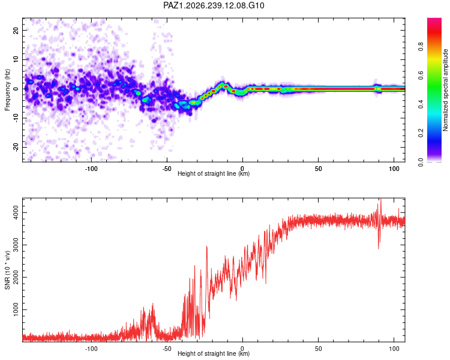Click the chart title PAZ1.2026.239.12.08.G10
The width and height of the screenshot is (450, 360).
coord(214,5)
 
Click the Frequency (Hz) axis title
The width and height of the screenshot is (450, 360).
coord(7,90)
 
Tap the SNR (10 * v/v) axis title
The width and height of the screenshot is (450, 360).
coord(7,270)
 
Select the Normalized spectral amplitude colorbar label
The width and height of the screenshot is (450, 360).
coord(445,90)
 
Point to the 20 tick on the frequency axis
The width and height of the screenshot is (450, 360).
coord(16,30)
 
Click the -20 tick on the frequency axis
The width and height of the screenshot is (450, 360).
coord(16,148)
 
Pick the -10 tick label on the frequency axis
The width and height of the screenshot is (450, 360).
coord(16,118)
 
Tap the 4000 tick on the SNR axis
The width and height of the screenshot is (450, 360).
coord(16,213)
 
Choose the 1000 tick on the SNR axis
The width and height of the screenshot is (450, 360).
coord(16,310)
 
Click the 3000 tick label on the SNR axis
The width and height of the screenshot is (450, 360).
coord(16,245)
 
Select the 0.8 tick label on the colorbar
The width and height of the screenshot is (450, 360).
coord(421,46)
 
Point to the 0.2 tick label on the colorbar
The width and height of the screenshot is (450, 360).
coord(421,133)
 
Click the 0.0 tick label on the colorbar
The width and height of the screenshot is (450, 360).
coord(421,162)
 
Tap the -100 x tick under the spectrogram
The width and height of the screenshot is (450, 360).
coord(91,169)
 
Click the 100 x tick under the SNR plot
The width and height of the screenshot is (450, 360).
coord(394,349)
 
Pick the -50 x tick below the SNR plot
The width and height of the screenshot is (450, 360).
coord(167,349)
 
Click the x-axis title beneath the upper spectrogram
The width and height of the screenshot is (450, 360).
coord(214,173)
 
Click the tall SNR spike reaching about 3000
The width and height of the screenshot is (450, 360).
coord(206,247)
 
